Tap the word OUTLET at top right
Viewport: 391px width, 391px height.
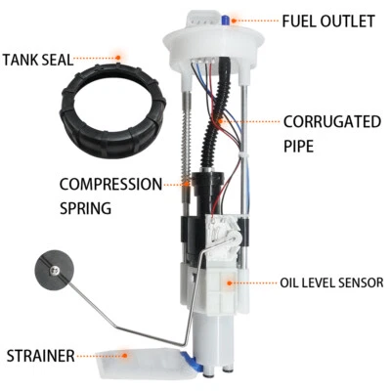[x=349, y=21]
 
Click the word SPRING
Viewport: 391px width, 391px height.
[x=84, y=207]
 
